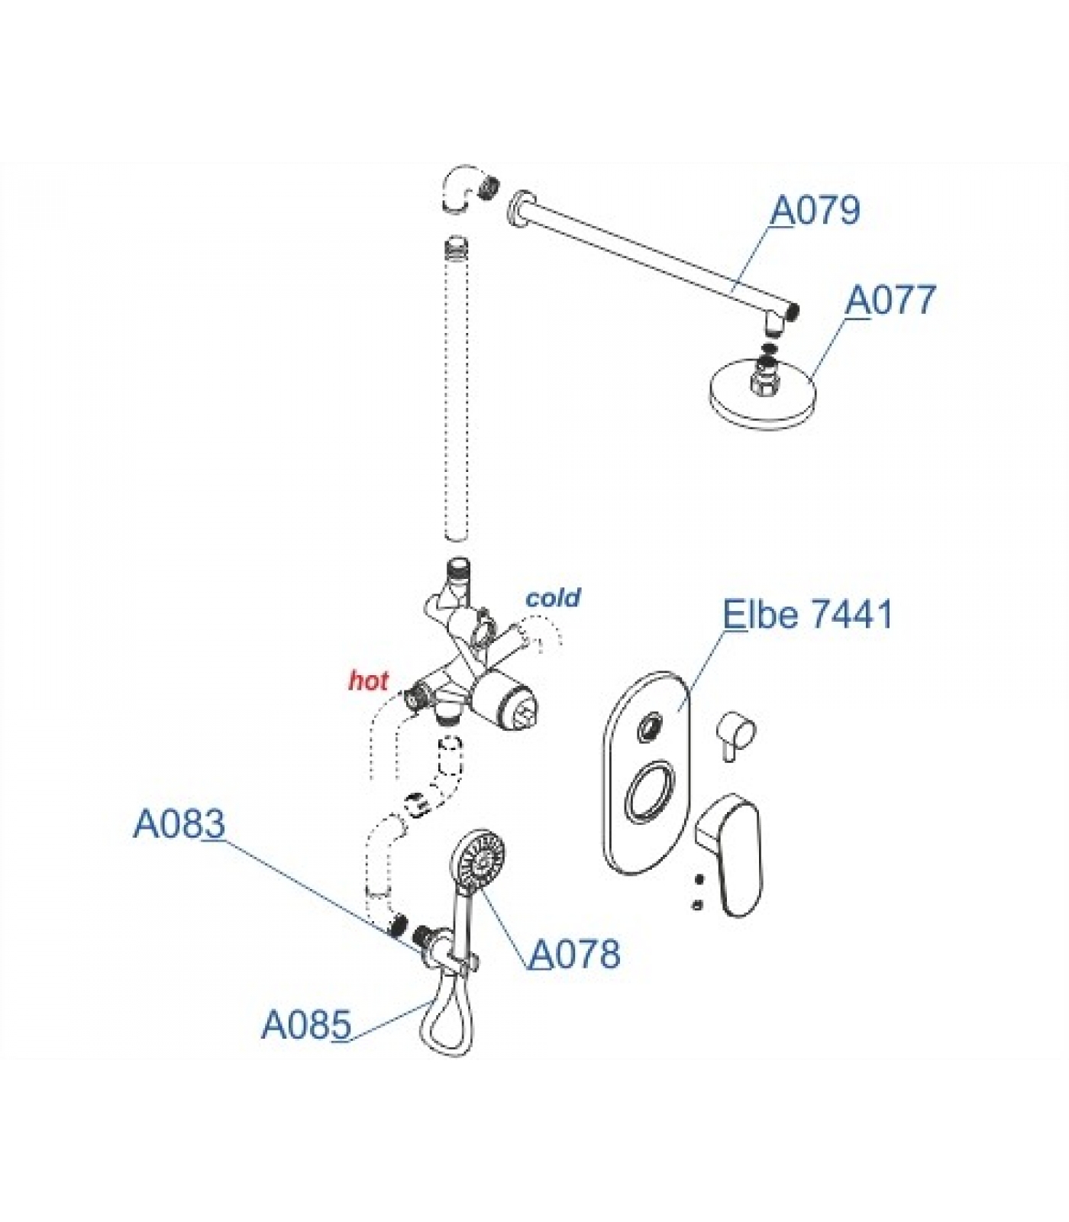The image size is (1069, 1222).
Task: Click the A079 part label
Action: (x=815, y=210)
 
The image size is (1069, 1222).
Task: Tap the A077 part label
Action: (x=890, y=300)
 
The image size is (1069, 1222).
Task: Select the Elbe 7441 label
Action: (x=808, y=614)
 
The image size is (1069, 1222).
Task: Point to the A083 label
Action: (x=179, y=824)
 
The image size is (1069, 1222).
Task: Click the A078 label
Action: (x=575, y=954)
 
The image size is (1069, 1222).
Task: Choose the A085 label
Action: (x=306, y=1025)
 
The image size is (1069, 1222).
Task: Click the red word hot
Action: (x=369, y=681)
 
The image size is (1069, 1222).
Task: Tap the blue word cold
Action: (x=554, y=597)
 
